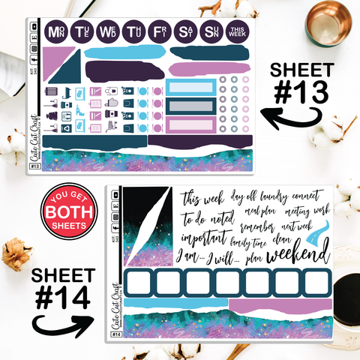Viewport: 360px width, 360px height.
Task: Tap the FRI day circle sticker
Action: point(158,31)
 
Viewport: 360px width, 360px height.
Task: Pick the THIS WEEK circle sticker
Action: point(236,31)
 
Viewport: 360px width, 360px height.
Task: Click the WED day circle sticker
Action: point(107,31)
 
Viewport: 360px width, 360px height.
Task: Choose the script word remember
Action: point(259,225)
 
